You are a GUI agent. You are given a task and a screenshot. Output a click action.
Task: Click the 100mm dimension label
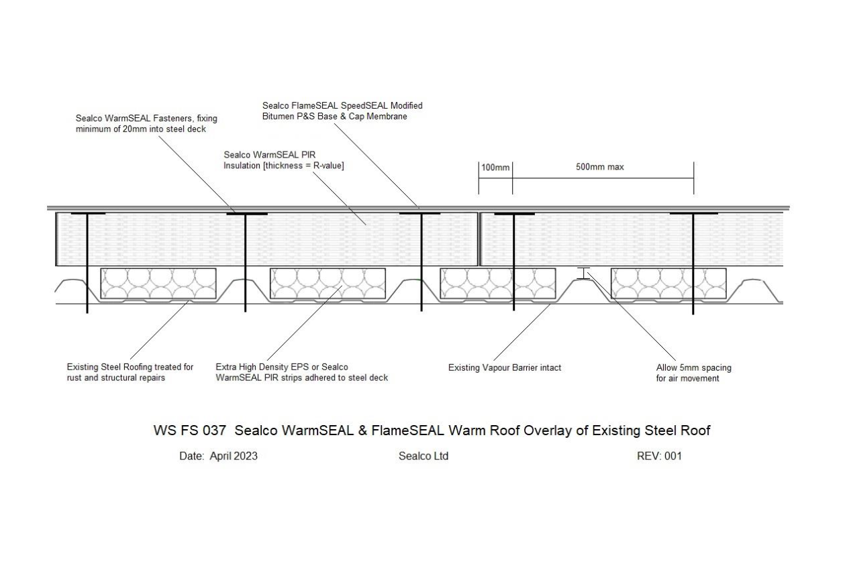[495, 168]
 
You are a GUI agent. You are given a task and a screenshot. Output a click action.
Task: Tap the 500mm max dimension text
[600, 167]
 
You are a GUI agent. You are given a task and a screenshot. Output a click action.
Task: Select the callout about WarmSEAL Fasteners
[146, 124]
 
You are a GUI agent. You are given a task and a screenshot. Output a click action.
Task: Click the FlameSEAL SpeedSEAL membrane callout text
[342, 111]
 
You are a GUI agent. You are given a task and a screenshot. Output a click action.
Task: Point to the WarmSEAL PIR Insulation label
[284, 160]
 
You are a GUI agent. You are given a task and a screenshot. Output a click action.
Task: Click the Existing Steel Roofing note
[130, 372]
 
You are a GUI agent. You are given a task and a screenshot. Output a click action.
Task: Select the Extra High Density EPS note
[301, 372]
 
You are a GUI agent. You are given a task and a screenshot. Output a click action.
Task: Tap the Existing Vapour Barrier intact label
[505, 367]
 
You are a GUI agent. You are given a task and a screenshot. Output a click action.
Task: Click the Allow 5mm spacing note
[693, 373]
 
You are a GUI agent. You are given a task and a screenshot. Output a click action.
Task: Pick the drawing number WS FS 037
[190, 430]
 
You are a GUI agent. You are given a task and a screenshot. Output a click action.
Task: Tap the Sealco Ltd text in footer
[424, 456]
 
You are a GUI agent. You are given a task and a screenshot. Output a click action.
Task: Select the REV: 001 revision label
[659, 456]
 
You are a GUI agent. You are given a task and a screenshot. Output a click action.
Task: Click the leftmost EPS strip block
[158, 284]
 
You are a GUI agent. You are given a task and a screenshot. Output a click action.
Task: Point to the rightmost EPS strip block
[668, 284]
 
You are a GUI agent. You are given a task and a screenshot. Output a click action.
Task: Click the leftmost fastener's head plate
[88, 214]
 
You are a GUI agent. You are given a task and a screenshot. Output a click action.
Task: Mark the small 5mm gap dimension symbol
[583, 274]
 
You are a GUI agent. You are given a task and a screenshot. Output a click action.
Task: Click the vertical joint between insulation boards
[479, 239]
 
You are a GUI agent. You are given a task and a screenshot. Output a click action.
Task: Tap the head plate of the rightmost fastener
[693, 214]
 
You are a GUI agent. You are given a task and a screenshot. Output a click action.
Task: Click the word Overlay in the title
[548, 431]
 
